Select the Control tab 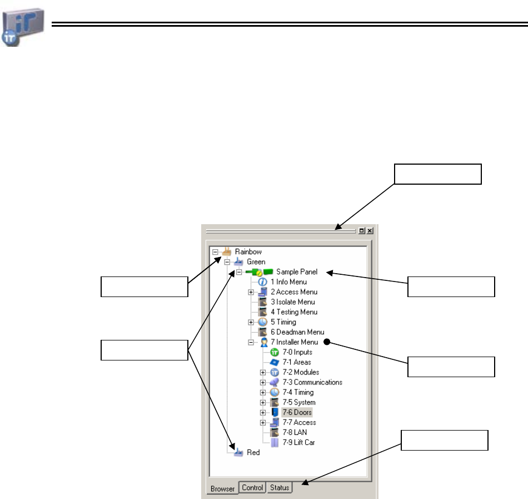252,488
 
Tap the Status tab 280,488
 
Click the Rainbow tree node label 248,251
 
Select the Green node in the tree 256,261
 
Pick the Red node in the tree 253,453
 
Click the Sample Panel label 297,272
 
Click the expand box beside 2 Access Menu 251,292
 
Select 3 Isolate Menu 293,302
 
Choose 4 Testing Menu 294,312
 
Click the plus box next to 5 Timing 251,322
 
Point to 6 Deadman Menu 297,332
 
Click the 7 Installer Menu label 295,342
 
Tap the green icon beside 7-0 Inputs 274,352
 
